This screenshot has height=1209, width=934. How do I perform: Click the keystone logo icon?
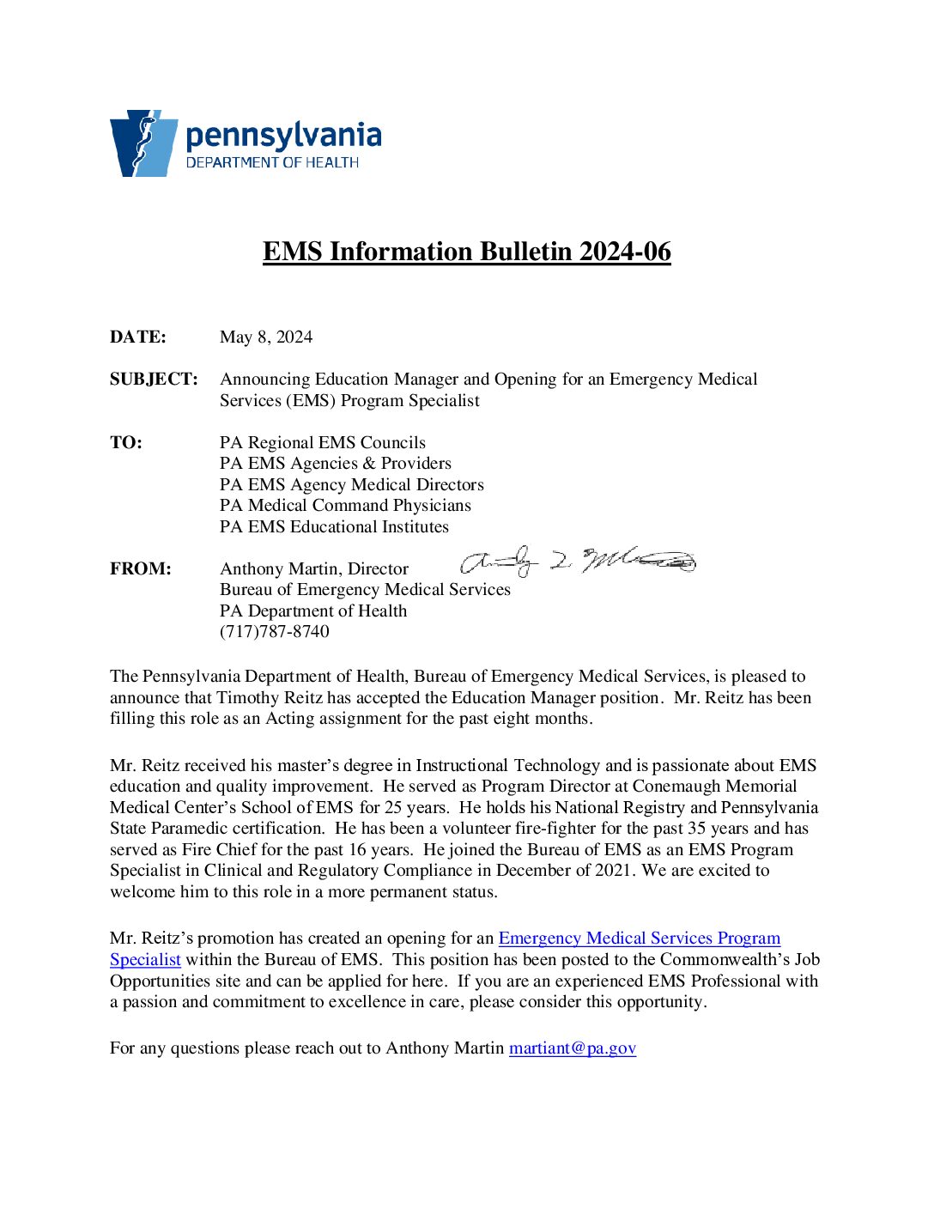click(x=143, y=143)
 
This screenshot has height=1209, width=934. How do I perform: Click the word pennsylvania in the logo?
click(x=283, y=136)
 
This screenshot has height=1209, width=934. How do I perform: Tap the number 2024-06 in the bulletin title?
click(x=625, y=252)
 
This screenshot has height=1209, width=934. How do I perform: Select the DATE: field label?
click(x=138, y=337)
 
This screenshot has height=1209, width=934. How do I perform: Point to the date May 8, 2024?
click(x=266, y=337)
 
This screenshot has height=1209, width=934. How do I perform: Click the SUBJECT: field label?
click(x=154, y=380)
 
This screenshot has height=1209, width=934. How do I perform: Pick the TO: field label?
click(x=126, y=443)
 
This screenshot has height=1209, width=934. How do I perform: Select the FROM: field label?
click(x=141, y=569)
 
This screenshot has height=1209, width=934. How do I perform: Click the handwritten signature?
click(x=577, y=562)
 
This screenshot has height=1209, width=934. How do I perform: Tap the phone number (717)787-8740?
click(x=275, y=632)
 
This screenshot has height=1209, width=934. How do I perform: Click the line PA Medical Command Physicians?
click(x=345, y=506)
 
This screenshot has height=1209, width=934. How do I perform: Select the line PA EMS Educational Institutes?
click(x=334, y=527)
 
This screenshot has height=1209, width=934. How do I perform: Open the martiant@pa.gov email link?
click(x=573, y=1048)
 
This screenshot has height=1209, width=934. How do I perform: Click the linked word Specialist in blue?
click(x=145, y=960)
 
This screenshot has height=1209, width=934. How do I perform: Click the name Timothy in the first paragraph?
click(x=248, y=698)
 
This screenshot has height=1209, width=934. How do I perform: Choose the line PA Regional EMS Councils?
click(x=323, y=443)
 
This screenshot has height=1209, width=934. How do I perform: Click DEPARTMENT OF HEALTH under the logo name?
click(x=272, y=163)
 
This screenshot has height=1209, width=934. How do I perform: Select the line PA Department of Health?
click(x=313, y=611)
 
